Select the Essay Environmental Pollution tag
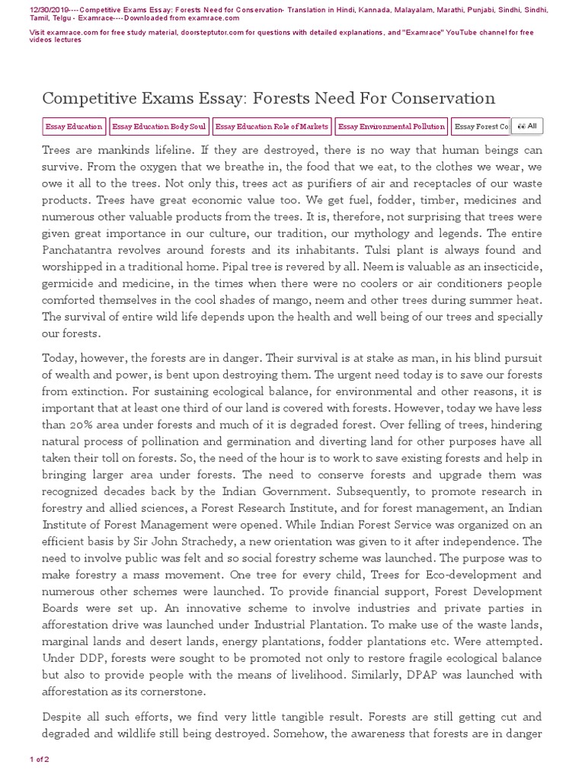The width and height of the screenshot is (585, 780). pos(391,126)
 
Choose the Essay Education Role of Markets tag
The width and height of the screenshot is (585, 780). pos(272,126)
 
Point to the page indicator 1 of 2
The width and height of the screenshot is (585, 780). pos(40,759)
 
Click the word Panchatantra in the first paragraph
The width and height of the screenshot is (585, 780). pos(81,250)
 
